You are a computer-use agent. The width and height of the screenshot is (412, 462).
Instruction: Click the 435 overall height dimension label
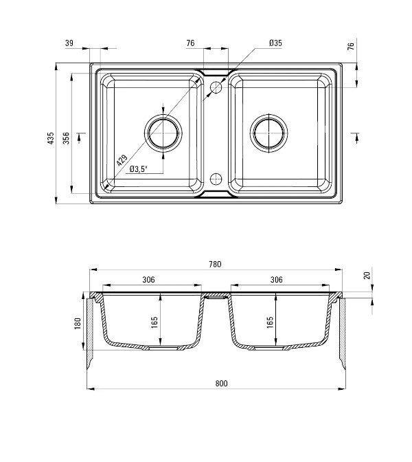[x=51, y=138]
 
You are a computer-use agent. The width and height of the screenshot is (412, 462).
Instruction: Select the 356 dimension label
[x=66, y=138]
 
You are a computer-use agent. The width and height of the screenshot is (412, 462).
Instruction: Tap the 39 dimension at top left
[x=69, y=43]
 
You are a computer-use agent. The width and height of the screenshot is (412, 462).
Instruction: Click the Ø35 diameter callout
[x=275, y=43]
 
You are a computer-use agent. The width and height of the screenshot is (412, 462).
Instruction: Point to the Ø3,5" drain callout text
[x=138, y=169]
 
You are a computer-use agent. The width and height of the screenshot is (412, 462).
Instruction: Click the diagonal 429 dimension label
[x=122, y=160]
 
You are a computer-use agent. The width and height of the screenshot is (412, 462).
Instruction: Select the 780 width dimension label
[x=215, y=264]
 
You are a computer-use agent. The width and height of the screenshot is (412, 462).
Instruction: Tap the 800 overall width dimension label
[x=221, y=384]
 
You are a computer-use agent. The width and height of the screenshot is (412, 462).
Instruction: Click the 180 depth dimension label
[x=78, y=324]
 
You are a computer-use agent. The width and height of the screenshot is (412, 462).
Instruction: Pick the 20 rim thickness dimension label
[x=367, y=276]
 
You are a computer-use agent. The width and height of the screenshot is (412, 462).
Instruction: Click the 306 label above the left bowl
[x=148, y=280]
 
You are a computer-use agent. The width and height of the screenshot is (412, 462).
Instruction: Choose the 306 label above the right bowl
[x=276, y=279]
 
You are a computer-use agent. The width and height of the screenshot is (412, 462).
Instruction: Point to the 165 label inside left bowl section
[x=154, y=322]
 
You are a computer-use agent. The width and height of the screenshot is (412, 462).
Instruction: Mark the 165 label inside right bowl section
[x=270, y=322]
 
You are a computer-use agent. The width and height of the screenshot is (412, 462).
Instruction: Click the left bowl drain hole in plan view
[x=163, y=133]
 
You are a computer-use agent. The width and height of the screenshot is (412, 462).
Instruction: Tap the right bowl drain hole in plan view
[x=269, y=133]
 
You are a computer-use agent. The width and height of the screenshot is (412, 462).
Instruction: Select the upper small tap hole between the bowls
[x=216, y=87]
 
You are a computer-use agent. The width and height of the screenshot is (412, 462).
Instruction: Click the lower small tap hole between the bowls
[x=216, y=179]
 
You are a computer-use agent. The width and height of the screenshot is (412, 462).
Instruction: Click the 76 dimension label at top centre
[x=190, y=43]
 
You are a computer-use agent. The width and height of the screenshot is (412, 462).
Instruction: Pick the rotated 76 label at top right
[x=351, y=46]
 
